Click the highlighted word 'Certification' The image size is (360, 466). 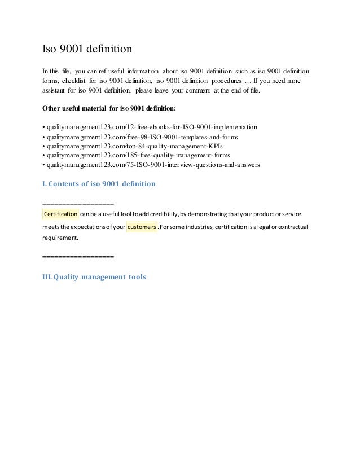click(60, 214)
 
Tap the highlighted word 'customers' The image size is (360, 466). click(142, 227)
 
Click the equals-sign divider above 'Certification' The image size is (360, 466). click(78, 203)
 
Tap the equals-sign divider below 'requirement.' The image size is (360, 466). click(78, 257)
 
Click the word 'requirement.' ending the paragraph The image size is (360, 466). click(61, 238)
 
